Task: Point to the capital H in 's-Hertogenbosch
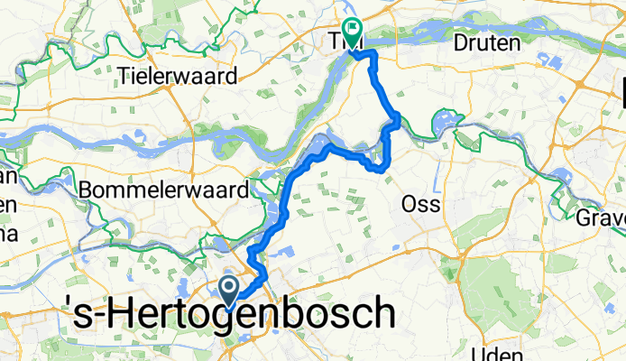[x=126, y=315]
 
